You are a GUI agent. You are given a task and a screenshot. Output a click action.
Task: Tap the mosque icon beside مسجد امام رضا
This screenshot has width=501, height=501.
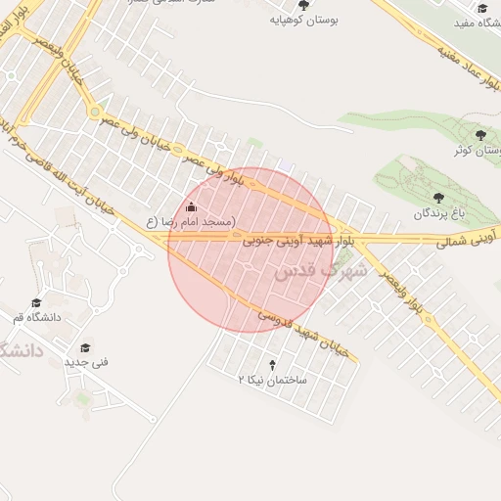[191, 207]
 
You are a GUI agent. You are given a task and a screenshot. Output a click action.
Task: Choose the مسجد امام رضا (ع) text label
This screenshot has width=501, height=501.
[191, 223]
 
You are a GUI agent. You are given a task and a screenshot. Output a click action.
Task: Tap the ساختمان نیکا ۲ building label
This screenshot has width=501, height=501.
[273, 378]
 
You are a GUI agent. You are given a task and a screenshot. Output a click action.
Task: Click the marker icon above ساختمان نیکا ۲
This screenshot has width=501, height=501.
[273, 364]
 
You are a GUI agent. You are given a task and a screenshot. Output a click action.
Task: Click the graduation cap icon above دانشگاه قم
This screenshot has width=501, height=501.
[37, 303]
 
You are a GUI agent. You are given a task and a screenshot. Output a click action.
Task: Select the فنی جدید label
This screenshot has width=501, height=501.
[87, 362]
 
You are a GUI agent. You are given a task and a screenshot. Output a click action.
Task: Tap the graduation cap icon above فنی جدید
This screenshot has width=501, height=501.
[85, 347]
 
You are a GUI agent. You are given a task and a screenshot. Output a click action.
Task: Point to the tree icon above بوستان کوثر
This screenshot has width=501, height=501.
[480, 134]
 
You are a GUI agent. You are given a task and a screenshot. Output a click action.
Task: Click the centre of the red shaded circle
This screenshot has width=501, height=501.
[250, 250]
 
